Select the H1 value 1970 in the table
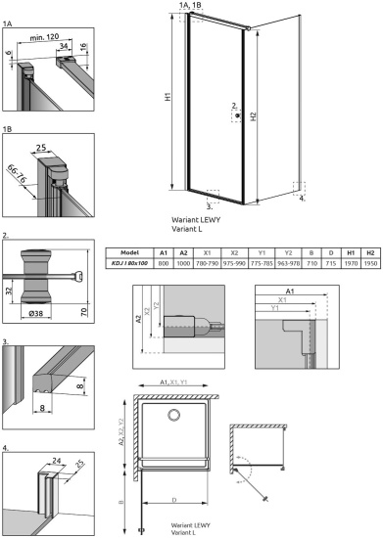click(352, 263)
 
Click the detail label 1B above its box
click(9, 128)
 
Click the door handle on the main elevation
click(236, 114)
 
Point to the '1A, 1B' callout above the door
click(192, 6)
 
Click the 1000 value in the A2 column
click(183, 263)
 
